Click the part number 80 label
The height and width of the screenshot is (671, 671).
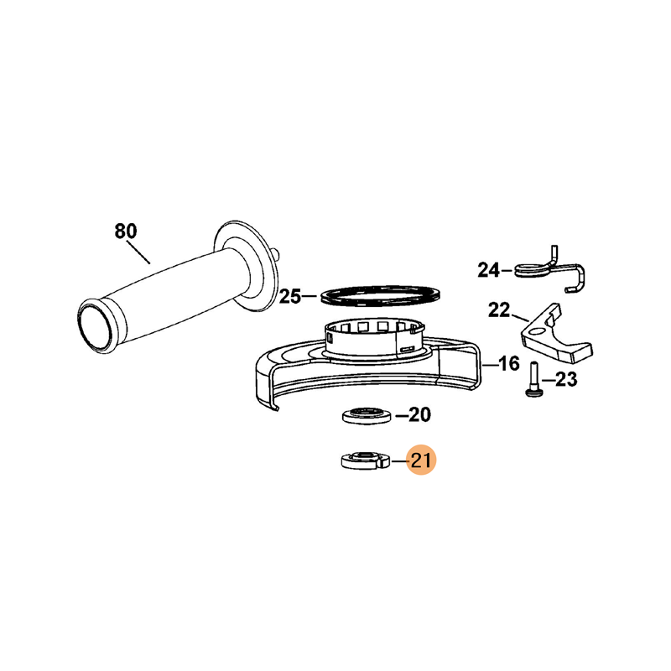[125, 231]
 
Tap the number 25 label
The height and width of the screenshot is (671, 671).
[290, 296]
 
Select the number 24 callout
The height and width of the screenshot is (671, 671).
[488, 270]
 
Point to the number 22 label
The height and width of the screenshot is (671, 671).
[499, 310]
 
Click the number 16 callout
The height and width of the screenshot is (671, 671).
[509, 364]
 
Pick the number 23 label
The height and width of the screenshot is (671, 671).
[566, 379]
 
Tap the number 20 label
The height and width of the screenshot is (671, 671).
[420, 414]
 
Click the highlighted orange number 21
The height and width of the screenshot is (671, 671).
[421, 460]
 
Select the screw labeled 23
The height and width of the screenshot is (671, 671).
[533, 380]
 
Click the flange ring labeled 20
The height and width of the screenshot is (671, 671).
[367, 415]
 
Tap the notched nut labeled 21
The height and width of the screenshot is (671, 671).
[366, 460]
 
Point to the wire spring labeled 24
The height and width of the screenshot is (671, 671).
[550, 269]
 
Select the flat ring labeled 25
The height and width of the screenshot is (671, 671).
[381, 295]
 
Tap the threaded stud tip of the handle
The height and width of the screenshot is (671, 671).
[278, 254]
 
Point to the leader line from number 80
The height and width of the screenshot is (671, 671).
[138, 252]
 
